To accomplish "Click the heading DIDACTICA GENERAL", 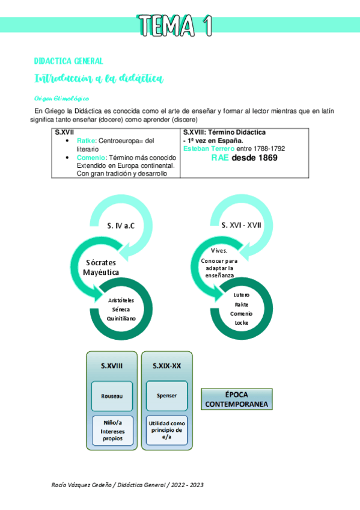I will click(69, 61).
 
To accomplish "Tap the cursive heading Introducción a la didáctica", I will click(99, 79).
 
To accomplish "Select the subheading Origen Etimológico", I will click(62, 98).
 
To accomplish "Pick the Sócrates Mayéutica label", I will click(102, 268).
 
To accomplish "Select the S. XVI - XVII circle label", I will click(240, 226).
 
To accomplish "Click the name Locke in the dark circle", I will click(242, 322).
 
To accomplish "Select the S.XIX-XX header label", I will click(166, 365).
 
